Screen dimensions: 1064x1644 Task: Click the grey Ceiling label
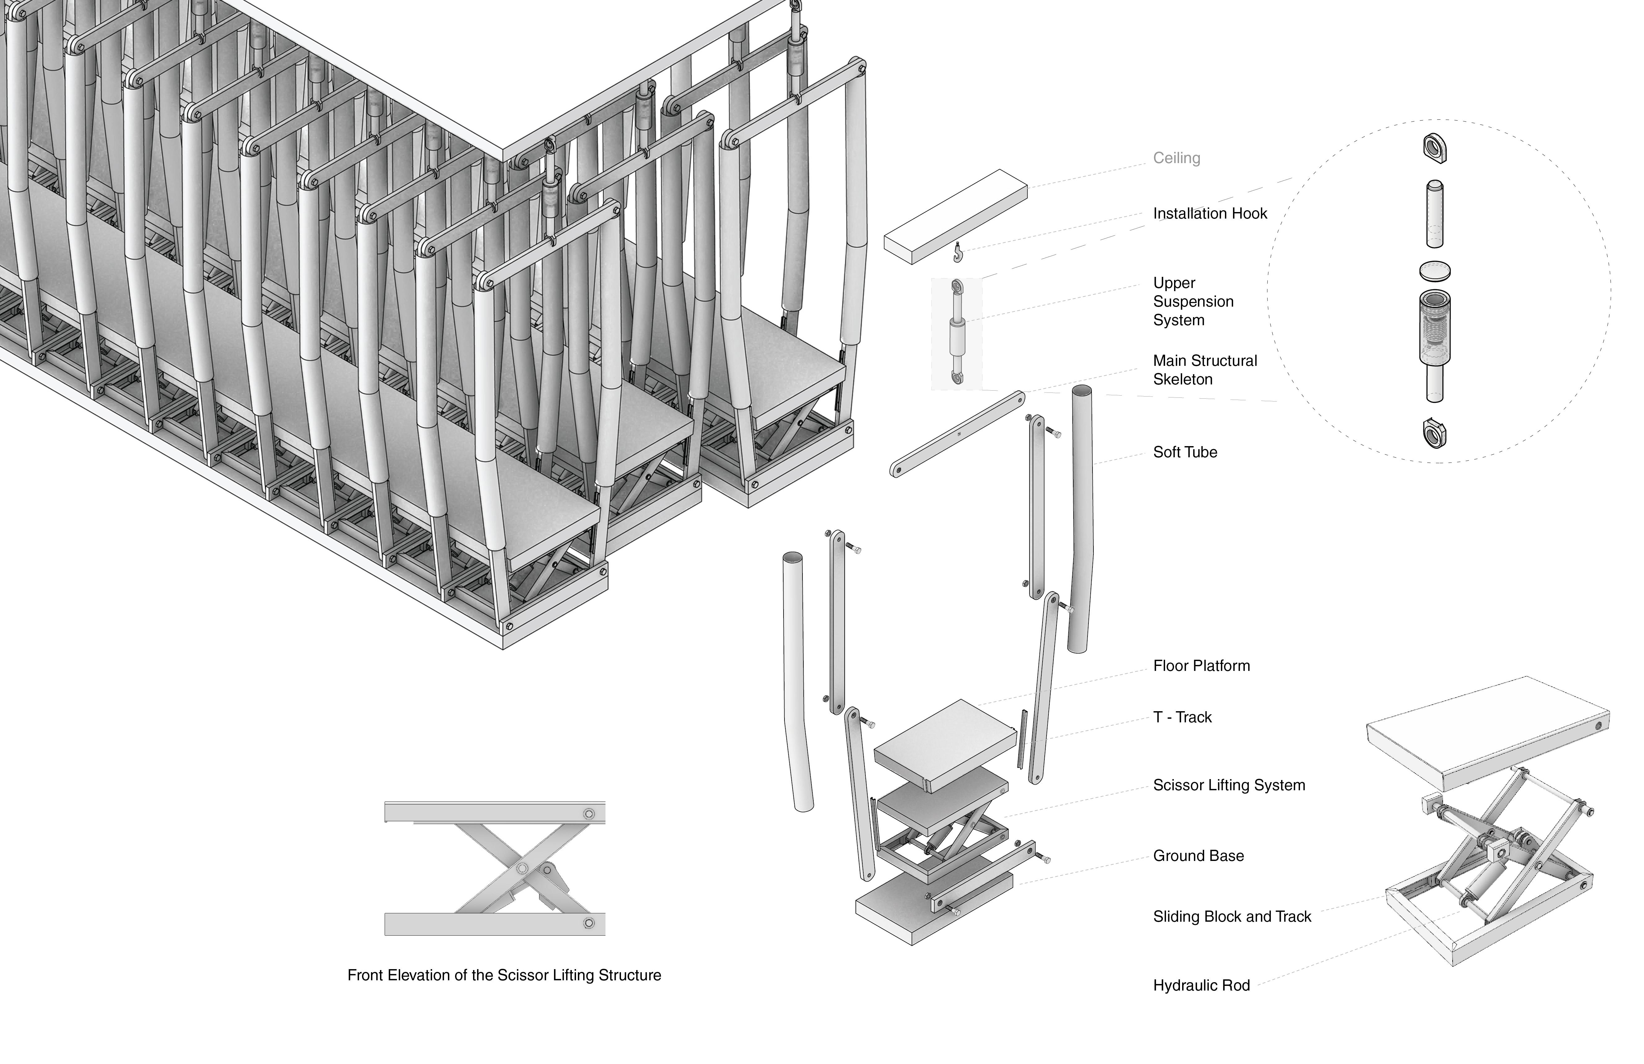1176,158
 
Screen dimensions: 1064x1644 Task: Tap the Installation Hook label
1209,213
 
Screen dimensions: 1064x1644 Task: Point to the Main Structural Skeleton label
1205,370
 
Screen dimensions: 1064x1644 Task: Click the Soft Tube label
1185,452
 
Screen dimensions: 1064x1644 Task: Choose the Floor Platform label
1201,666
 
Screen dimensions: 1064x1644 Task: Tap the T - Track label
1182,717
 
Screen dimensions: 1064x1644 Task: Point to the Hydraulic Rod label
1201,985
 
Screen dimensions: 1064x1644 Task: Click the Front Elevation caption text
503,975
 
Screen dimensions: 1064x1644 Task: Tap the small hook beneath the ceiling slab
957,253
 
